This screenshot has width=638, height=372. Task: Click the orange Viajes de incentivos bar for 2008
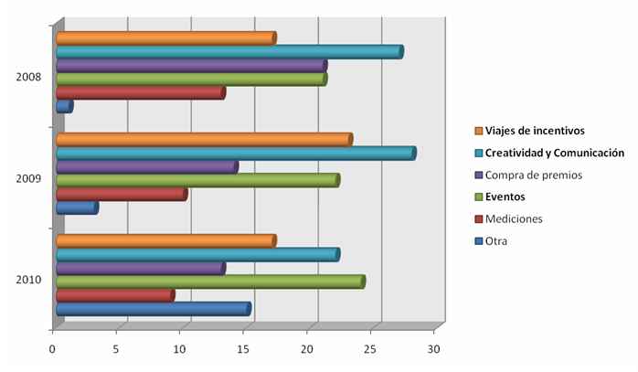tap(166, 38)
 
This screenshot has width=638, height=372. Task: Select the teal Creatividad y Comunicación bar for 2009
tap(237, 154)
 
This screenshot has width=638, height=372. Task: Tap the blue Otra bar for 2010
tap(154, 309)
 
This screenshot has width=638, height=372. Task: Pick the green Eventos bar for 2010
tap(211, 282)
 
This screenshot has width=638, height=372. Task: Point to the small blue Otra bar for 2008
tap(65, 107)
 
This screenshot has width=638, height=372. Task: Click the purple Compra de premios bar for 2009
tap(147, 167)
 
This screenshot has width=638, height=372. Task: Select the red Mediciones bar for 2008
tap(141, 93)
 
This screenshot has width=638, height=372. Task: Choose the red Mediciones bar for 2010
tap(115, 296)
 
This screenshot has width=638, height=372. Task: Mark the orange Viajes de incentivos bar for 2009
tap(205, 140)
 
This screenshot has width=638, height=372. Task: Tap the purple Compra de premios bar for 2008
tap(192, 66)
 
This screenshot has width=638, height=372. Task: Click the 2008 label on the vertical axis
tap(28, 77)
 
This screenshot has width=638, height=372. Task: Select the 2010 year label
tap(28, 280)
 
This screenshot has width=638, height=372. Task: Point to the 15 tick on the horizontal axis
tap(243, 349)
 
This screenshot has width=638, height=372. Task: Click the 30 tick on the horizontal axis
tap(434, 349)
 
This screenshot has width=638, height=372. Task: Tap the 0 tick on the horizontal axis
tap(52, 349)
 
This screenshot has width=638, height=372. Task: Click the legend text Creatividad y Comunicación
tap(555, 153)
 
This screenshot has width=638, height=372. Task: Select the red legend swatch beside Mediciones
tap(479, 219)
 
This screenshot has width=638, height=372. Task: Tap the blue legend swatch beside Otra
tap(479, 241)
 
